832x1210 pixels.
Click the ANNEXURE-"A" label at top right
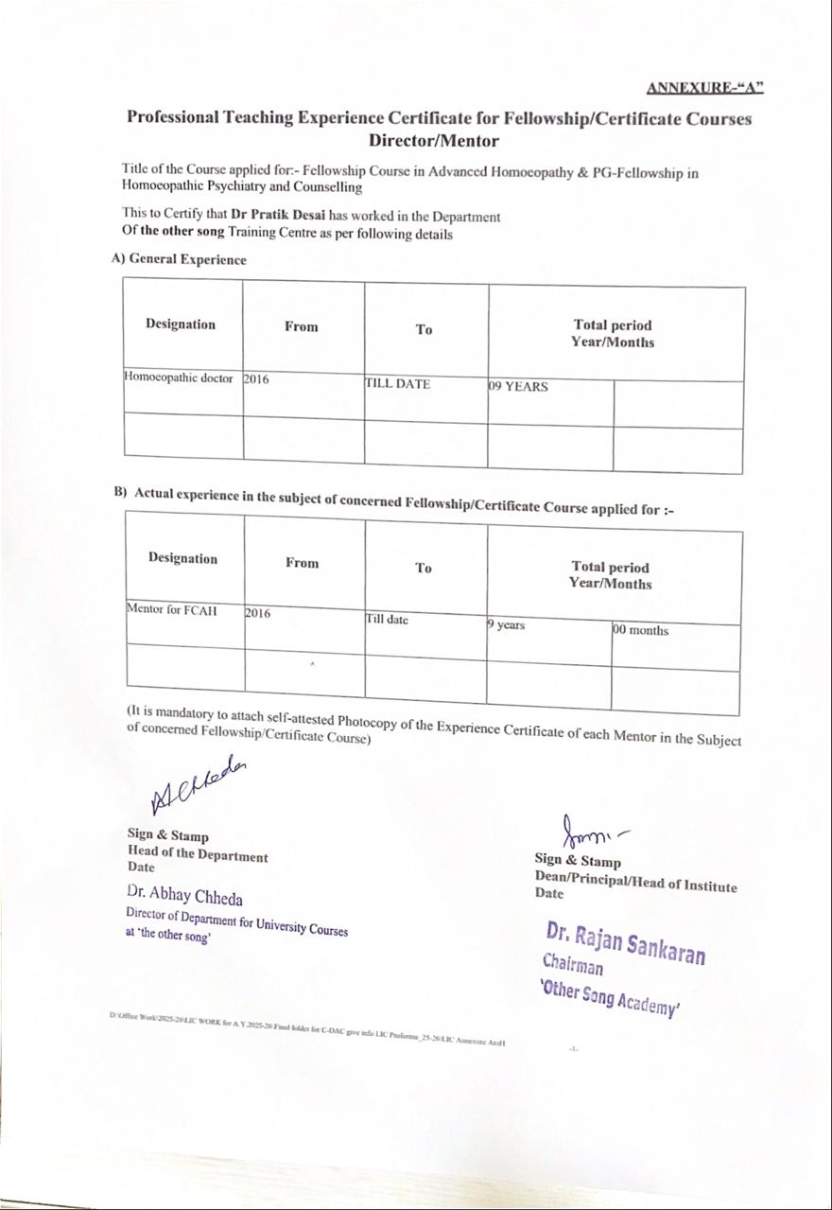705,88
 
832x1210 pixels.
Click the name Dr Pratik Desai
278,216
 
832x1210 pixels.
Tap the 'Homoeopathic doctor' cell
179,377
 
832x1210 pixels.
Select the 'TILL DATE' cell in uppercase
398,384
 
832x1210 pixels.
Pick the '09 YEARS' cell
519,386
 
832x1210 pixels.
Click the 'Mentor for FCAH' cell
172,610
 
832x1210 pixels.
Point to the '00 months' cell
640,630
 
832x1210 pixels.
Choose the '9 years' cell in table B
507,625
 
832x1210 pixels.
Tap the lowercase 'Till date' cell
388,619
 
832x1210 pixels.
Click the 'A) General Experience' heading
179,259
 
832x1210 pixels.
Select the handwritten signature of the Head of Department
198,785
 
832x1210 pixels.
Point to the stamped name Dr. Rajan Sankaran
625,942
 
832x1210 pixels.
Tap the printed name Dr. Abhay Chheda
184,895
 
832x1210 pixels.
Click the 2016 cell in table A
256,379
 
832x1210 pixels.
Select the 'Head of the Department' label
198,855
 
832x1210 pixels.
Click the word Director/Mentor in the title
433,141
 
